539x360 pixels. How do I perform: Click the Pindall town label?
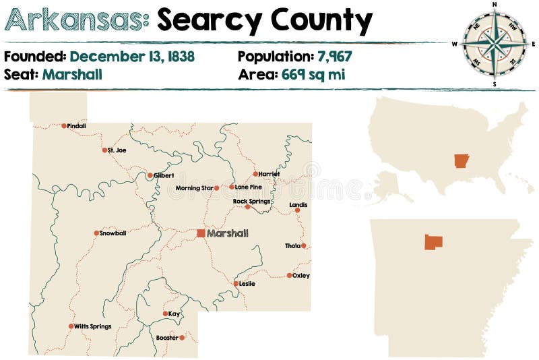coord(77,126)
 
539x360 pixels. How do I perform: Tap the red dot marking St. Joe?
coord(104,150)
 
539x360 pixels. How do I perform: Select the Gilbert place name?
coord(164,175)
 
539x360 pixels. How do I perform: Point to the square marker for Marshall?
coord(201,233)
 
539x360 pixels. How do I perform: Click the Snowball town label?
coord(113,233)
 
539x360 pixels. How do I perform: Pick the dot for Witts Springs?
coord(71,326)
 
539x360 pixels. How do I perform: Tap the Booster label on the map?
coord(166,338)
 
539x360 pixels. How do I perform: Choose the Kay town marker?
coord(165,313)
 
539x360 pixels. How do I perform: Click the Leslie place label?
coord(247,284)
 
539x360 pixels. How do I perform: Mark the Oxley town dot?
coord(289,275)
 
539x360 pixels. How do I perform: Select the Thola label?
coord(292,246)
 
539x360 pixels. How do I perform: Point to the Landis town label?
coord(298,204)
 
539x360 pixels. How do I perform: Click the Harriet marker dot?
coord(255,174)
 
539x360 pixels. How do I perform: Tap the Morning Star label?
coord(194,188)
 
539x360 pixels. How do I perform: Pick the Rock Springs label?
coord(251,201)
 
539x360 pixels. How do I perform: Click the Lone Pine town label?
coord(248,187)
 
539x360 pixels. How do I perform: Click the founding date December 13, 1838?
coord(132,57)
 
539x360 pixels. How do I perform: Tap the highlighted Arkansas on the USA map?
coord(461,161)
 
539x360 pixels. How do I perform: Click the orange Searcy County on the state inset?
coord(433,242)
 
